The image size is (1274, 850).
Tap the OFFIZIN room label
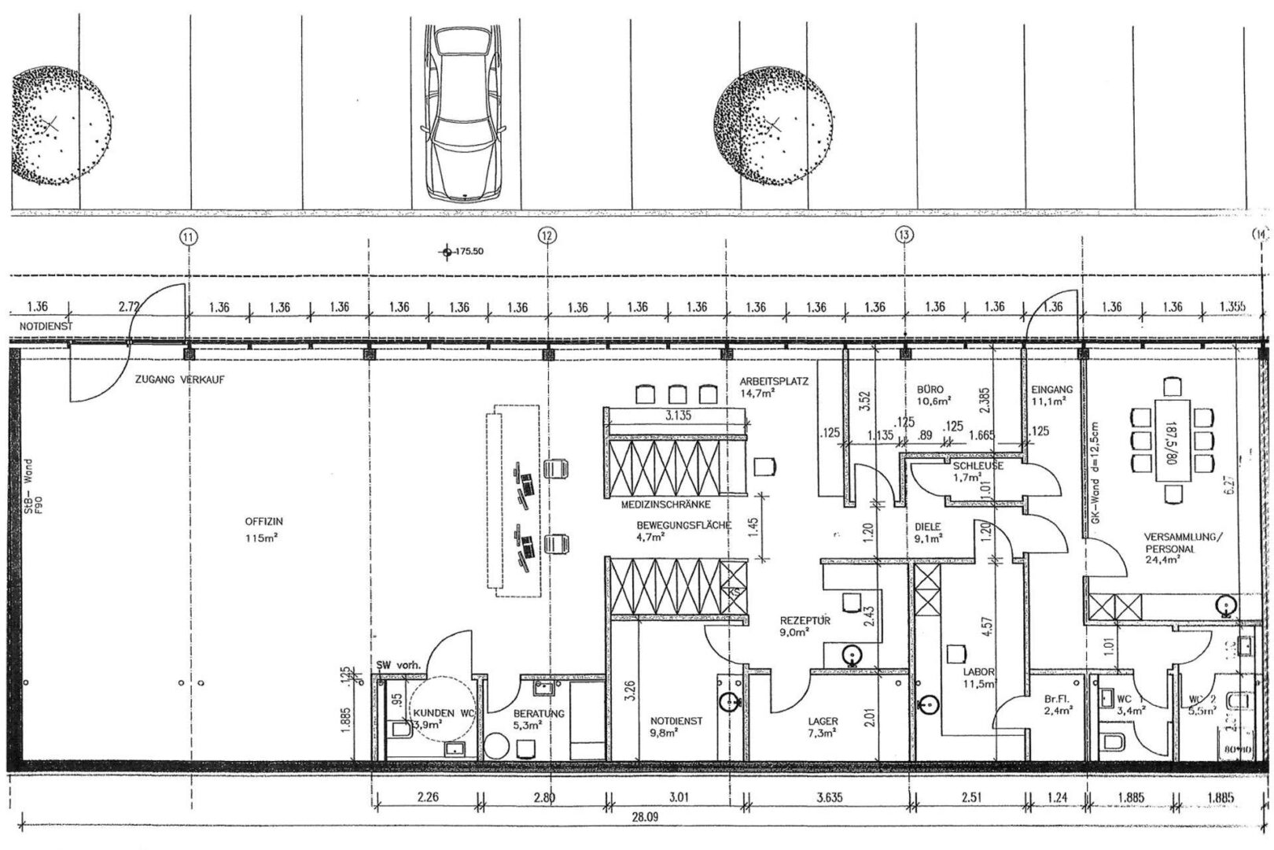point(263,522)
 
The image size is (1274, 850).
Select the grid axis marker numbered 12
point(547,235)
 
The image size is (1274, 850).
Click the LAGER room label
point(822,720)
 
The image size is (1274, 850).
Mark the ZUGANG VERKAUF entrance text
point(180,379)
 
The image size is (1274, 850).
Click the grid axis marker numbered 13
point(904,235)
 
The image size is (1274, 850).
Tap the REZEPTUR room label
point(805,620)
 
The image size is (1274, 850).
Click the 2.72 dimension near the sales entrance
point(127,306)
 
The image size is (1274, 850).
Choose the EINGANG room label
point(1051,389)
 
